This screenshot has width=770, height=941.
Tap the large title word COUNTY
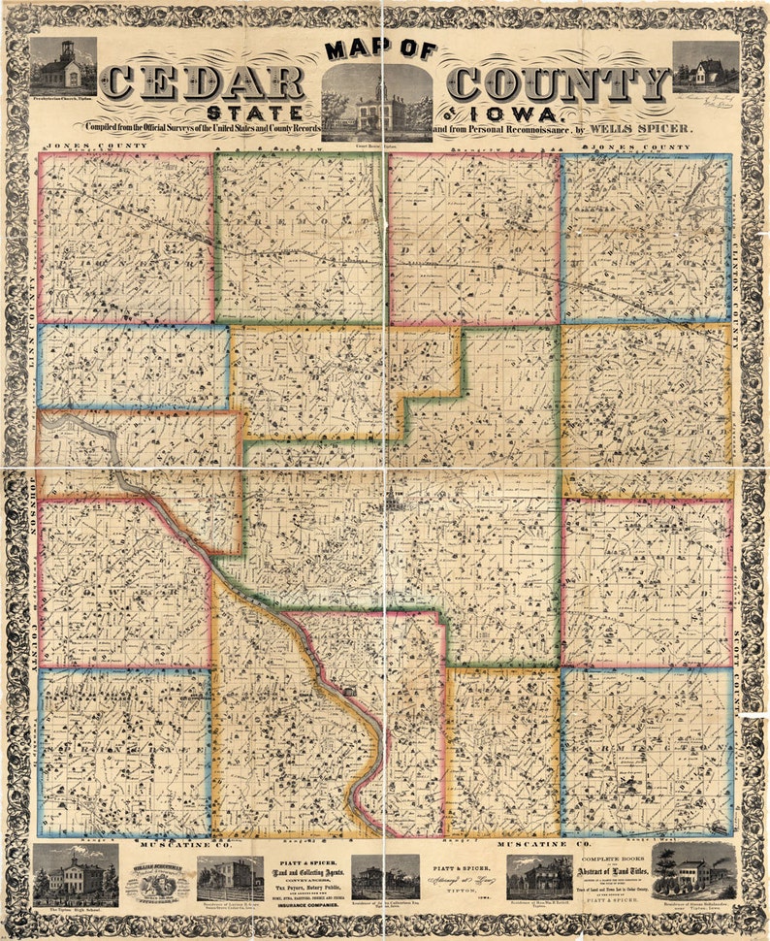tap(559, 83)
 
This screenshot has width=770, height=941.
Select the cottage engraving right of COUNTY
tap(705, 66)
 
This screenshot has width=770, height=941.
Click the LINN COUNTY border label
tap(33, 309)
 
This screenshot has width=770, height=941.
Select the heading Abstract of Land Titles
tap(616, 873)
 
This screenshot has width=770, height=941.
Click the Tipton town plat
tap(393, 502)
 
